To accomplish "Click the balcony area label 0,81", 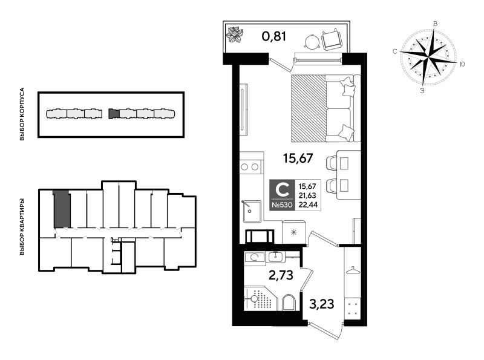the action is [x=274, y=36].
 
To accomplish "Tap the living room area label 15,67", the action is [x=298, y=159].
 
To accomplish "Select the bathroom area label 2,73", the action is [x=281, y=275].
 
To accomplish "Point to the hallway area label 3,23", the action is [x=322, y=304].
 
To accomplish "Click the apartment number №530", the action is [x=282, y=205].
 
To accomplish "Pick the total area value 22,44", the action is [x=308, y=205].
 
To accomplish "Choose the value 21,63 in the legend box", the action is [x=307, y=195].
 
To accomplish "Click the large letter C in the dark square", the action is [x=282, y=190].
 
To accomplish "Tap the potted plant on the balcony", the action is [x=235, y=34].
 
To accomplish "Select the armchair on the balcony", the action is [x=332, y=39].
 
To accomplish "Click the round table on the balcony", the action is [x=312, y=42].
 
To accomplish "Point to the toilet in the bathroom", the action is [x=289, y=303].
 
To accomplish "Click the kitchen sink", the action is [x=252, y=212].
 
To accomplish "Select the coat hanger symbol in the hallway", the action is [x=352, y=270].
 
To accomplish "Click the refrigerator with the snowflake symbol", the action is [x=293, y=232].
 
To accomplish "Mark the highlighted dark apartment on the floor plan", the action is [x=62, y=209].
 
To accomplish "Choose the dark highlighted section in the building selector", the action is [x=114, y=114].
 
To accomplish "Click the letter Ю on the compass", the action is [x=462, y=64].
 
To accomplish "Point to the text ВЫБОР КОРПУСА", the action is [x=22, y=114].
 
